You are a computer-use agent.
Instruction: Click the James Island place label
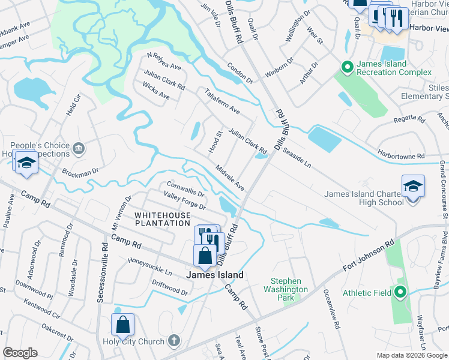215,275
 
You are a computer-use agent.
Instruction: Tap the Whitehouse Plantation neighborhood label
162,219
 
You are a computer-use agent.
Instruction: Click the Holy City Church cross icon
174,341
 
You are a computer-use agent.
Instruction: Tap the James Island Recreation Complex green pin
346,67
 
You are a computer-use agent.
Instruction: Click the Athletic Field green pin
401,293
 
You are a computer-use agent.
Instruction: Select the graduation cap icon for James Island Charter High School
414,187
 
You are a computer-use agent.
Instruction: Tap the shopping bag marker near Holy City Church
122,325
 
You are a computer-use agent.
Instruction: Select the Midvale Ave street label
230,178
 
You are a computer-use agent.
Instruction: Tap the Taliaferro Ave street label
221,102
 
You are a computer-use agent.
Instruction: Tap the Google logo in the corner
20,353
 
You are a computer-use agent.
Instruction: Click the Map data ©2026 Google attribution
411,355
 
